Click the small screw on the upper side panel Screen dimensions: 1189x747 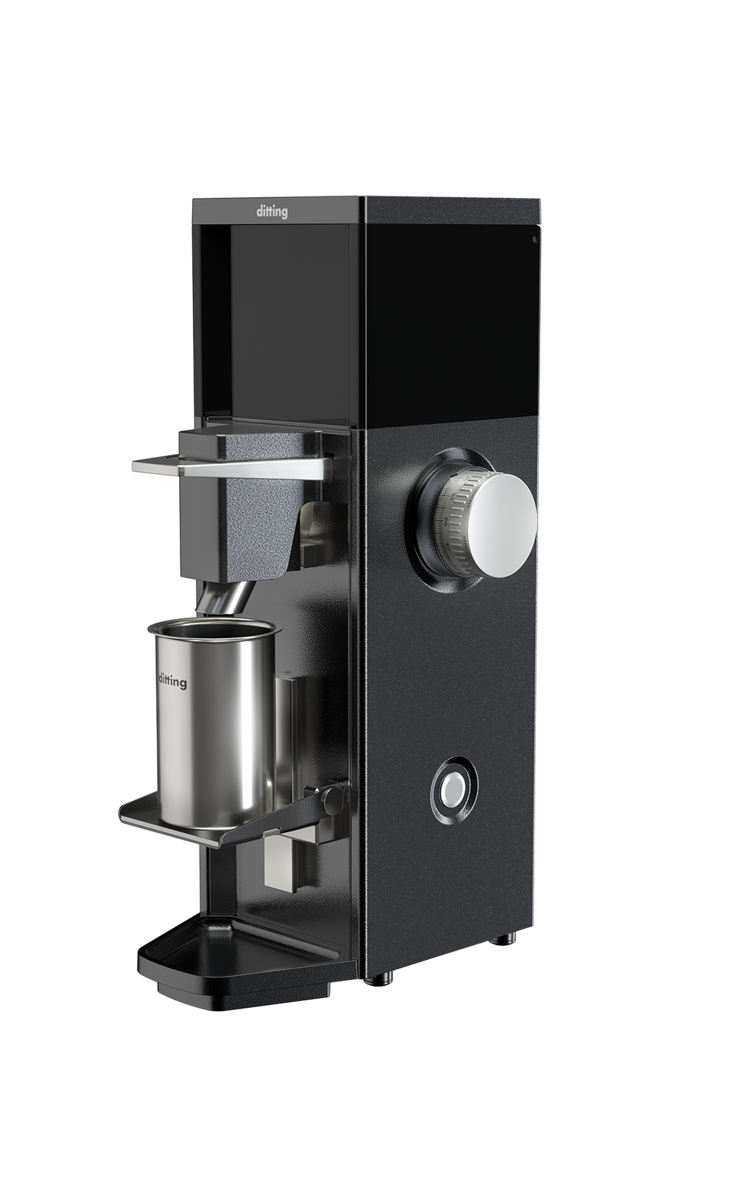(535, 240)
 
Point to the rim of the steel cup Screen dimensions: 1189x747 (214, 629)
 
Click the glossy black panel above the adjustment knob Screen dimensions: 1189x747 (450, 318)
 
